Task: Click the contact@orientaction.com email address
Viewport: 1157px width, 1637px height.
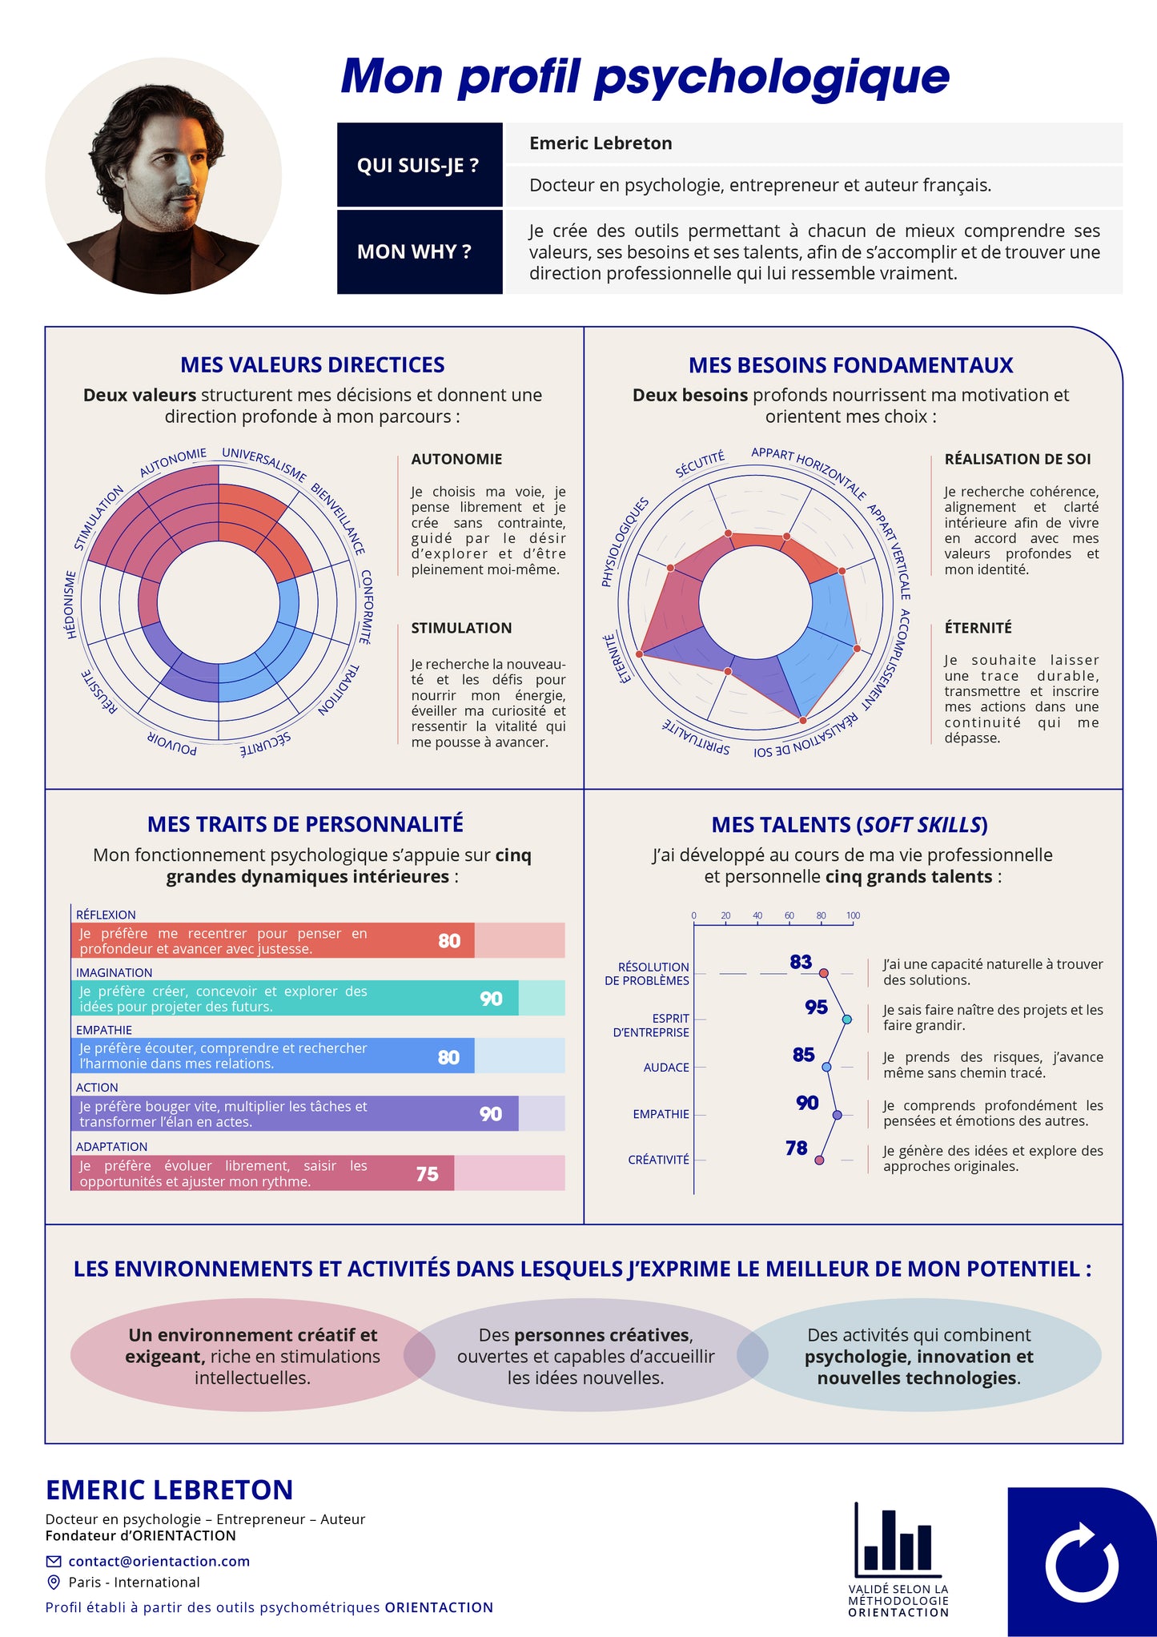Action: [x=159, y=1561]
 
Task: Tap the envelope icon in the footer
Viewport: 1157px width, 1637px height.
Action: [x=54, y=1561]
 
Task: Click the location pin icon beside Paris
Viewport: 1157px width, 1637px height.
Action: [x=54, y=1582]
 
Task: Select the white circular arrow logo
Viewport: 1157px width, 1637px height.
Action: [x=1082, y=1561]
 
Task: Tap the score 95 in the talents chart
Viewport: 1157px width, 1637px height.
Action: [x=816, y=1008]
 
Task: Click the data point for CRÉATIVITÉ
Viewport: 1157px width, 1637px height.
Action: [x=819, y=1160]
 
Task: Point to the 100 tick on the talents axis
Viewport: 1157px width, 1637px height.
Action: [x=853, y=915]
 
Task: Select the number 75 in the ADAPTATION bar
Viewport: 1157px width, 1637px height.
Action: [x=427, y=1174]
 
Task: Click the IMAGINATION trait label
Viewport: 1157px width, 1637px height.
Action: [x=114, y=972]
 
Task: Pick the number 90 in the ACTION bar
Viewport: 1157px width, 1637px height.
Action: [x=491, y=1114]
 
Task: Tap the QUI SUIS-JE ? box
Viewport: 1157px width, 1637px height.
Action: [x=420, y=165]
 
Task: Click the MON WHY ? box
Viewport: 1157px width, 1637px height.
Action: [x=420, y=251]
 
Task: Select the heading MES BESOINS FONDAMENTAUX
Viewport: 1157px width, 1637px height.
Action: [x=851, y=365]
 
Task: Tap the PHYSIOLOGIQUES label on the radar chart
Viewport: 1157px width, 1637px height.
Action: [x=625, y=542]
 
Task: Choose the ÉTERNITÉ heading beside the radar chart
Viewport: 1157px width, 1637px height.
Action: [x=978, y=627]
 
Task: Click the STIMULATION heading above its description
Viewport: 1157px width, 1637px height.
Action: [x=461, y=628]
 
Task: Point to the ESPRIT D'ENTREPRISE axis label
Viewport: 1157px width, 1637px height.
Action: [x=651, y=1025]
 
